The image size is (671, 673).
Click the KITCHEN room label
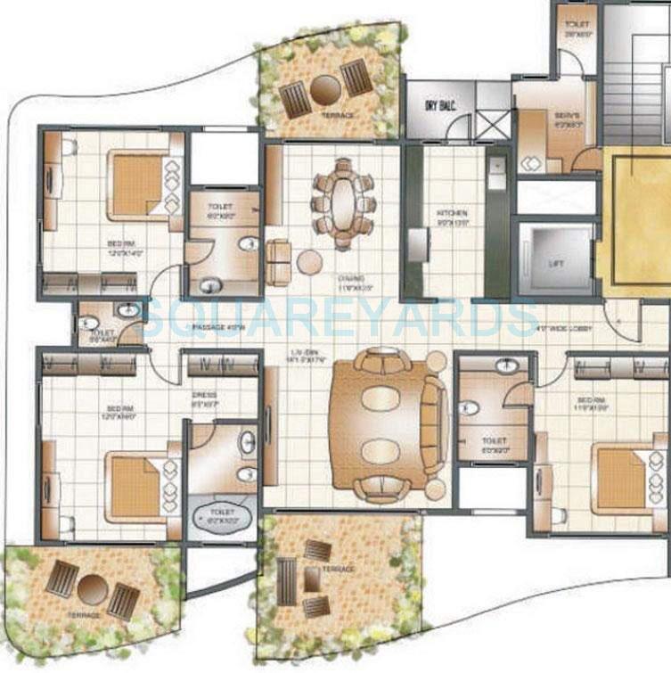452,214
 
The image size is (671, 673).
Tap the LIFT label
555,265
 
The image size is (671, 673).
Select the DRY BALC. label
438,107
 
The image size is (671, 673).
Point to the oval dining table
343,203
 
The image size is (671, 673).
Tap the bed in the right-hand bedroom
621,480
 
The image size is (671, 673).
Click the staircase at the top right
636,71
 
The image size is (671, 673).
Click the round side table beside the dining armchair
309,261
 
